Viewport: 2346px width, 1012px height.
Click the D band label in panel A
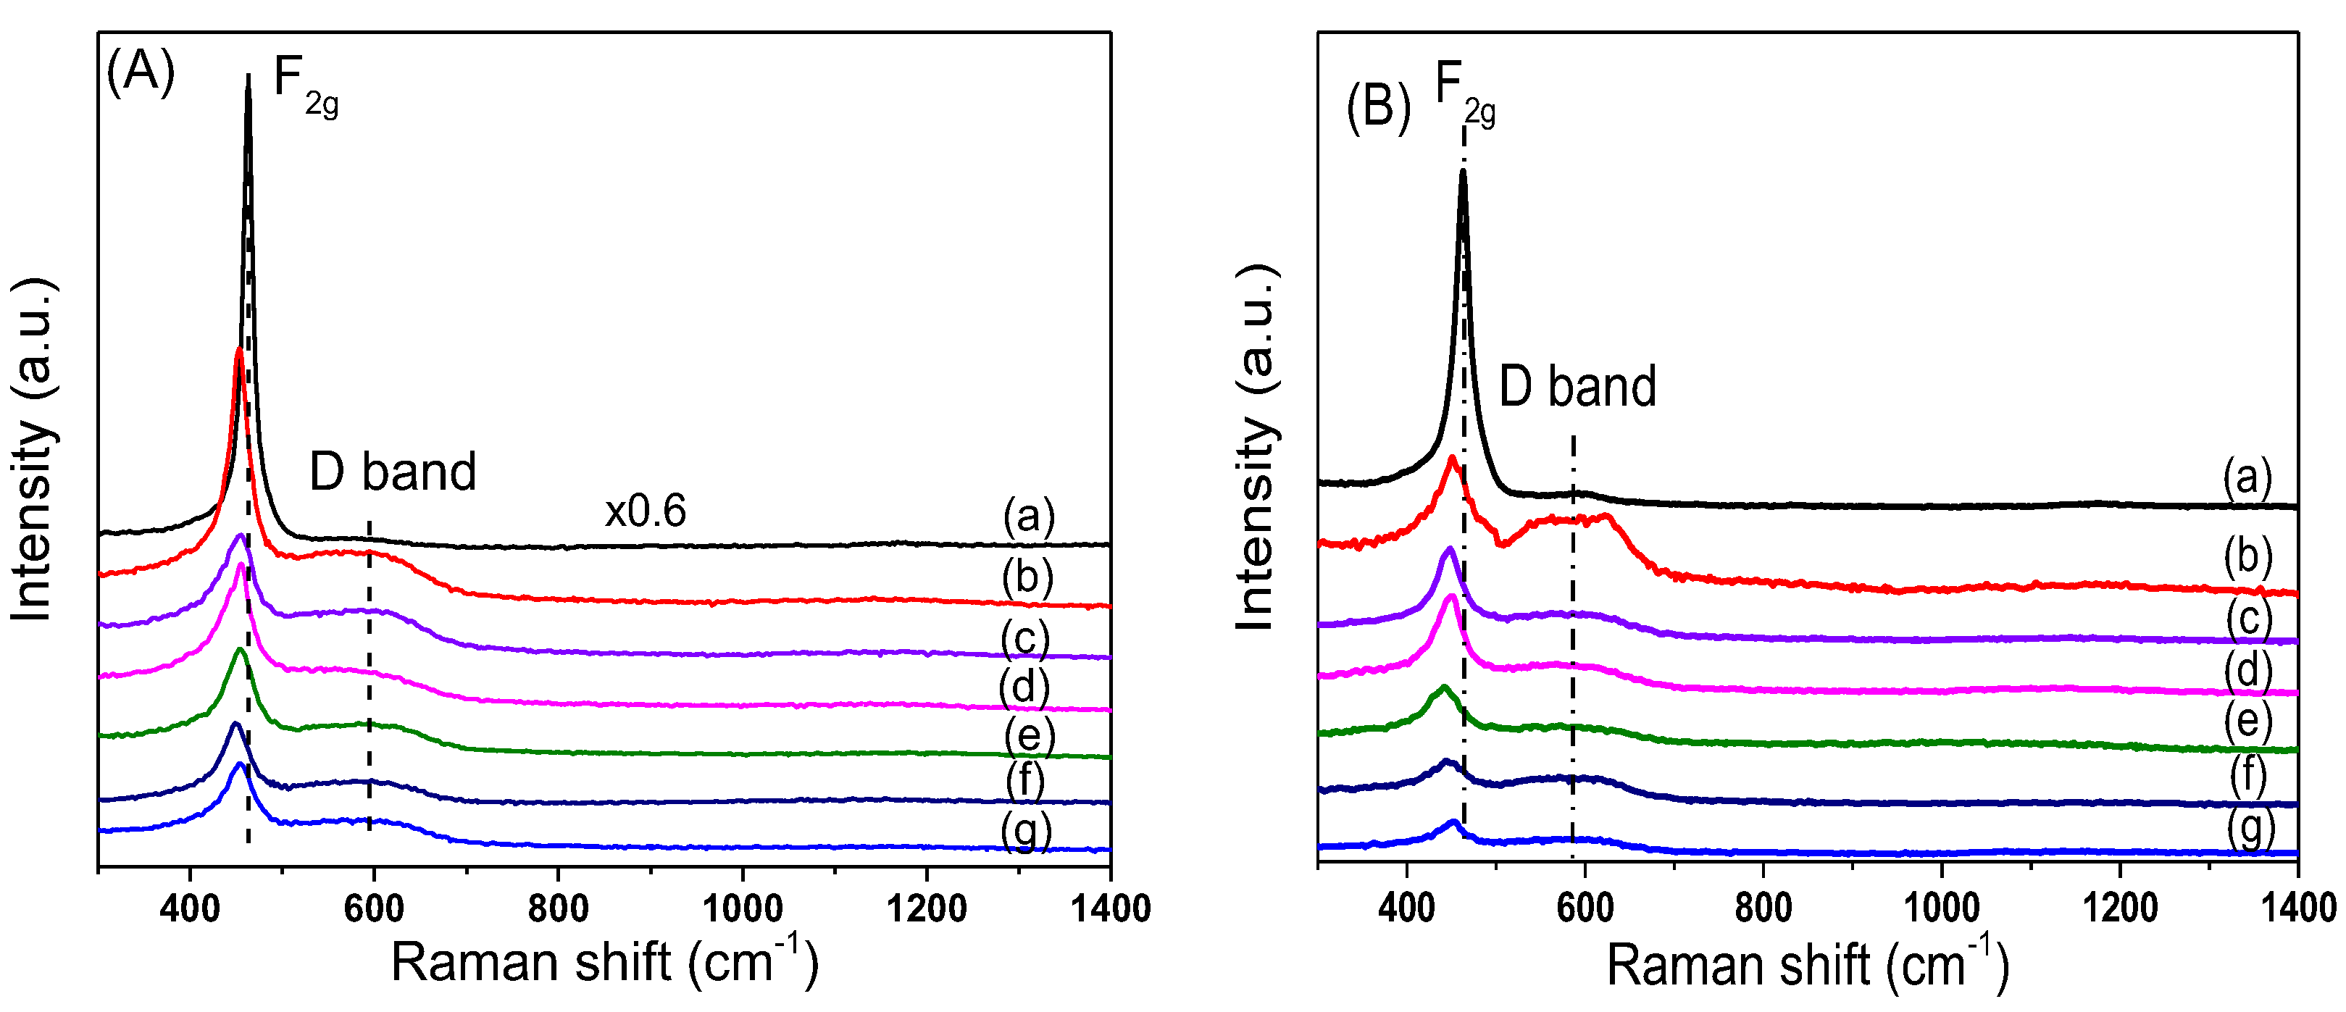click(x=393, y=472)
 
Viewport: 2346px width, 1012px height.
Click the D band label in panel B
click(x=1577, y=386)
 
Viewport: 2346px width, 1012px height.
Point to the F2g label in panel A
click(x=305, y=84)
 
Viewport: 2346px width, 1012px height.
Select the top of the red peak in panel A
click(x=238, y=350)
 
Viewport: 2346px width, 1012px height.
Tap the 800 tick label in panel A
click(x=557, y=908)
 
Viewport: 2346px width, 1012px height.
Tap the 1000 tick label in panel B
click(x=1942, y=908)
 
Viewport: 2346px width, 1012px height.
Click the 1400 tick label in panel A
click(x=1109, y=908)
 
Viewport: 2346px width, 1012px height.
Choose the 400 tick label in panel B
click(x=1407, y=908)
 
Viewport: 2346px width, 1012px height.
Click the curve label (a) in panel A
click(x=1028, y=517)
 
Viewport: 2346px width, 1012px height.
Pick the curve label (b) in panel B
click(x=2247, y=556)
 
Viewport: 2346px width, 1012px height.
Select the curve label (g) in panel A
click(x=1027, y=831)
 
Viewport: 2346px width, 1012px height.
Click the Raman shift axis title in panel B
click(x=1808, y=966)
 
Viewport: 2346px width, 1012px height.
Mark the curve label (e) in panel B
click(x=2247, y=722)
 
